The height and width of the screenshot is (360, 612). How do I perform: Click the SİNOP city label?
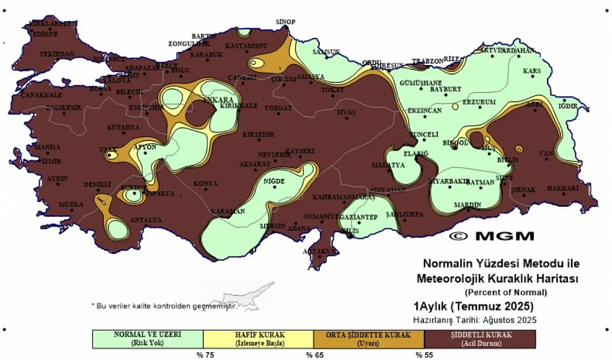coord(285,22)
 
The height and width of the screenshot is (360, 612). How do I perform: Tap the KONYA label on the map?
coord(205,184)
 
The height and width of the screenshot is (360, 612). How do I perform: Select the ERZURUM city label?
coord(479,102)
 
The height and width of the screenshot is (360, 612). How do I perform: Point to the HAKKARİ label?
coord(562,188)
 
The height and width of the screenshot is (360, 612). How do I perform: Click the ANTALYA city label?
coord(146,220)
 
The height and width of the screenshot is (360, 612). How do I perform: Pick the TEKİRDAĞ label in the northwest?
coord(56,54)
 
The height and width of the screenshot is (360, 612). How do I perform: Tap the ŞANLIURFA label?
coord(404,215)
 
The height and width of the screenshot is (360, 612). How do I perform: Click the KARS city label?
coord(532,71)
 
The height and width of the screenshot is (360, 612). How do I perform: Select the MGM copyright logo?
coord(492,236)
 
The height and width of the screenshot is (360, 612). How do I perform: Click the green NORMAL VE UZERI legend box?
coord(147,339)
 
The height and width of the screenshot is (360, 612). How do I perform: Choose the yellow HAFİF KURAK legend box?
coord(258,339)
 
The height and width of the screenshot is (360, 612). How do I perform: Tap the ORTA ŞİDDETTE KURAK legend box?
coord(368,339)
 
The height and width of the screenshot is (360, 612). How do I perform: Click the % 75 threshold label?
coord(205,355)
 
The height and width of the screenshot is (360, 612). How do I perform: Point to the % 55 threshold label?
coord(424,355)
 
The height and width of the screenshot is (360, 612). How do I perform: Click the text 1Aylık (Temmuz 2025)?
coord(473,306)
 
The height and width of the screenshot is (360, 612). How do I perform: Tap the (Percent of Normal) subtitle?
coord(506,292)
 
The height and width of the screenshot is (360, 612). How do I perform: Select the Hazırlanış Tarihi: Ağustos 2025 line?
coord(474,320)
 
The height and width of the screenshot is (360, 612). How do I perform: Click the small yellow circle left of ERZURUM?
coord(455,107)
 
